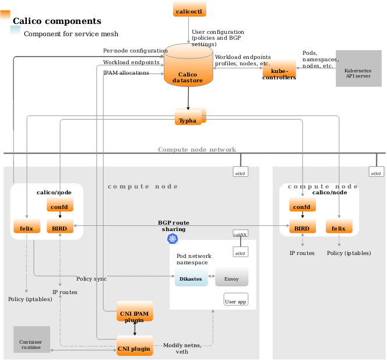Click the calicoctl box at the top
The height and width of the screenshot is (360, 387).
pyautogui.click(x=190, y=9)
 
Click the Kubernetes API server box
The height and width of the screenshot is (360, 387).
pyautogui.click(x=358, y=69)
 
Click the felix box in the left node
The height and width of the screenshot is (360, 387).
pyautogui.click(x=26, y=226)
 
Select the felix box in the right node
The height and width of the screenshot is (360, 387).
pyautogui.click(x=339, y=226)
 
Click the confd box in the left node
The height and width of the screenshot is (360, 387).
pyautogui.click(x=59, y=205)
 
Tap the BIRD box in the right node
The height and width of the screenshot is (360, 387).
pyautogui.click(x=302, y=226)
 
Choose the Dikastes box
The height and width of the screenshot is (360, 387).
pyautogui.click(x=191, y=278)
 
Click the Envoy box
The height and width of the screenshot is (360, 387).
pyautogui.click(x=231, y=278)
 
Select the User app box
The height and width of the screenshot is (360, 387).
pyautogui.click(x=235, y=300)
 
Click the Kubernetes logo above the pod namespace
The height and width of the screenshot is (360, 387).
pyautogui.click(x=173, y=239)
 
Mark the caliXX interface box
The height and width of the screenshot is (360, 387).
pyautogui.click(x=240, y=233)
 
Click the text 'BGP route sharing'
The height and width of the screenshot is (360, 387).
pyautogui.click(x=174, y=226)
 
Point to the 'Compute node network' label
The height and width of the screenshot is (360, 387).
pyautogui.click(x=197, y=149)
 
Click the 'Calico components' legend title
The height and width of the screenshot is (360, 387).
pyautogui.click(x=57, y=22)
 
